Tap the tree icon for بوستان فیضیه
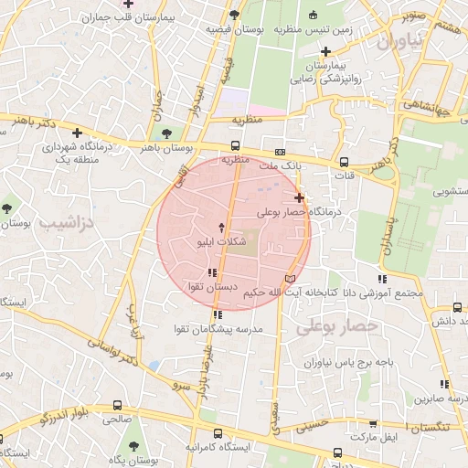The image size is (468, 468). coord(235,15)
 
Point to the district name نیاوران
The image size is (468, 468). coord(399,41)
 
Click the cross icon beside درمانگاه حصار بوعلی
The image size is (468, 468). coord(299,197)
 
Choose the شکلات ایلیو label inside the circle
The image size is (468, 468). coord(220,243)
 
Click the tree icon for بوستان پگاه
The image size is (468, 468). coord(134,447)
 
